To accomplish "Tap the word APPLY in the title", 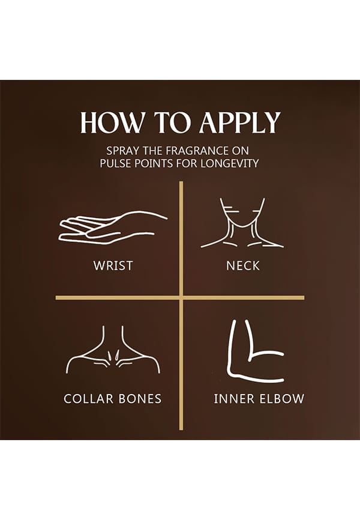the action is pyautogui.click(x=239, y=122).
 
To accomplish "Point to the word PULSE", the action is pyautogui.click(x=116, y=163).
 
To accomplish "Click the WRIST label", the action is pyautogui.click(x=113, y=265).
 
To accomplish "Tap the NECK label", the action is pyautogui.click(x=243, y=265).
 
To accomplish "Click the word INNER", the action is pyautogui.click(x=234, y=399).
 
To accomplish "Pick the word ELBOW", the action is pyautogui.click(x=281, y=399).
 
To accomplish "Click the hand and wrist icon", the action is pyautogui.click(x=113, y=227).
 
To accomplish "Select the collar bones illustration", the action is pyautogui.click(x=113, y=355).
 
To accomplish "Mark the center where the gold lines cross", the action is pyautogui.click(x=181, y=298).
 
